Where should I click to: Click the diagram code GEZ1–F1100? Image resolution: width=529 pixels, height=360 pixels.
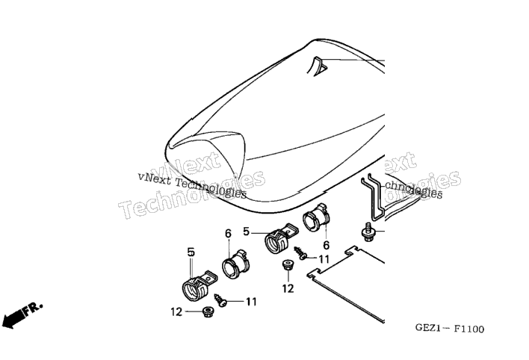click(449, 329)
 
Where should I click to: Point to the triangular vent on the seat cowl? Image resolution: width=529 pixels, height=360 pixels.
click(317, 66)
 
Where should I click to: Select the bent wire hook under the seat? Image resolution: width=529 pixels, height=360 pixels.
click(373, 196)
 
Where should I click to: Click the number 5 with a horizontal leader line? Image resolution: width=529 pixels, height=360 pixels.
click(246, 232)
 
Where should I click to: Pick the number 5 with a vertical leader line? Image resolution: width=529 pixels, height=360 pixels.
click(191, 252)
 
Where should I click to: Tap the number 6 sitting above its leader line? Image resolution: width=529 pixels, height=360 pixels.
click(229, 234)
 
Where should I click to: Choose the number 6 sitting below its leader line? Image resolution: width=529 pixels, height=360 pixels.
click(327, 245)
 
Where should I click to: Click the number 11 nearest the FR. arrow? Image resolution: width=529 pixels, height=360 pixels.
click(251, 302)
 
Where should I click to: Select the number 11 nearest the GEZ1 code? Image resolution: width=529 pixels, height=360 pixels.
click(324, 259)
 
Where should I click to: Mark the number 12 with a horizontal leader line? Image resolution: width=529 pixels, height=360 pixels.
click(176, 312)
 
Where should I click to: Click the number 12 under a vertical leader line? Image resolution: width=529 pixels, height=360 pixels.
click(288, 288)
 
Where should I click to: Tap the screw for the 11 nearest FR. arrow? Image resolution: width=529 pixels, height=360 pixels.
click(220, 300)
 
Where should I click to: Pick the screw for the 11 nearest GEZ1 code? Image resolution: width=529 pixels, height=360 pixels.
click(300, 252)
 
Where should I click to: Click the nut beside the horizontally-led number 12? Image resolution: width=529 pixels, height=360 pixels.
click(205, 311)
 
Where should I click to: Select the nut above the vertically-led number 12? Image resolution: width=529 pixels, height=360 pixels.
click(287, 264)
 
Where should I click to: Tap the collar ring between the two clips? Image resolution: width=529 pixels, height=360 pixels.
click(235, 264)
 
